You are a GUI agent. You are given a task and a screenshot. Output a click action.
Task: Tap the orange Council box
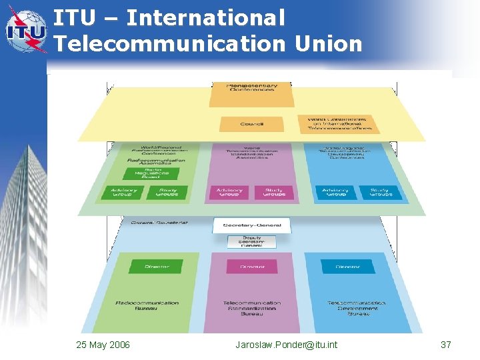point(251,124)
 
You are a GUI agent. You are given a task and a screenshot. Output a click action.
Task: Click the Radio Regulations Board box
point(152,173)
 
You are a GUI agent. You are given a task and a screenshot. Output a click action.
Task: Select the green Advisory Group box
point(123,192)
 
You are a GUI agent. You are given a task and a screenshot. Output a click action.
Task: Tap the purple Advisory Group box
point(229,192)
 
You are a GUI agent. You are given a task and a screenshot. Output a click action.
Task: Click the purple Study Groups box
point(273,192)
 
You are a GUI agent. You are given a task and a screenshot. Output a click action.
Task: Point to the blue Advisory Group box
point(335,192)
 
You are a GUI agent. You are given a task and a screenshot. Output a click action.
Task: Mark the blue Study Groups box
point(380,192)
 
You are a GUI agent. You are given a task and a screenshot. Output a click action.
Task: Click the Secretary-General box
point(251,225)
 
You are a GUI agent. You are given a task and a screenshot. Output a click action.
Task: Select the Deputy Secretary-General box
point(251,241)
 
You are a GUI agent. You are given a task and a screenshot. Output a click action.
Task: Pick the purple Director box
point(251,267)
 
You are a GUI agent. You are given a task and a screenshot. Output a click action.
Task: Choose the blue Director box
point(347,267)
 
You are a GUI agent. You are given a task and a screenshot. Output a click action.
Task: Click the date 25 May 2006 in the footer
point(103,345)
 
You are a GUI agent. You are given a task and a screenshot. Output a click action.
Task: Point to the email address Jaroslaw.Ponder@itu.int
point(286,345)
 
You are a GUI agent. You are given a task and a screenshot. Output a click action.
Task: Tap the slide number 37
point(446,345)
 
